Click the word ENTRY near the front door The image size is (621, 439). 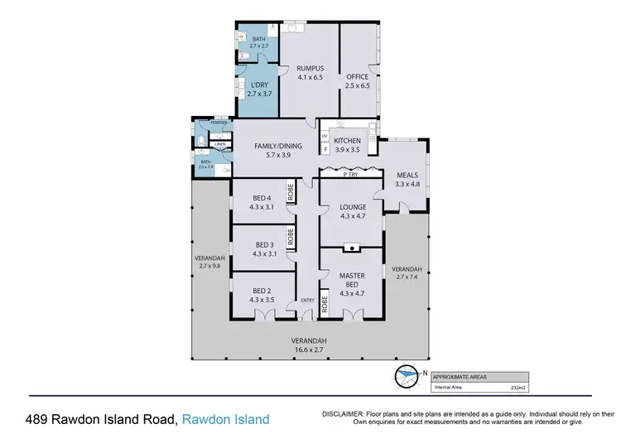point(307,300)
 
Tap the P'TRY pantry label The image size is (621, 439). point(350,175)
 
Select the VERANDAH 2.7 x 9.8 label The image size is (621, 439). point(207,262)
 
